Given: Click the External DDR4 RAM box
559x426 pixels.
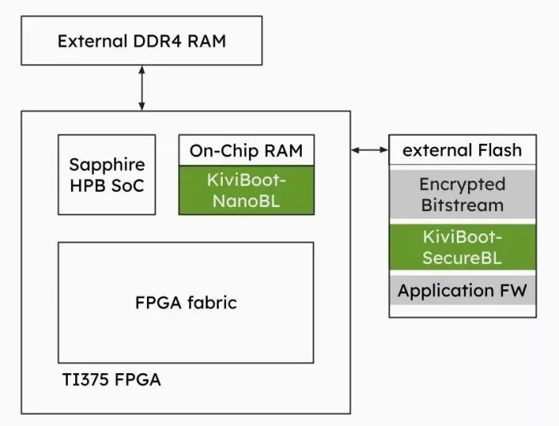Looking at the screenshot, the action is click(x=142, y=40).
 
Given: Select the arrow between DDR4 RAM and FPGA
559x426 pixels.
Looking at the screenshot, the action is click(x=141, y=88).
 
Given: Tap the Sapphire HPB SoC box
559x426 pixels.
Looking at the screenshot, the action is click(x=107, y=174).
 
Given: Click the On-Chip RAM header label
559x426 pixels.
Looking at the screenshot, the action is click(x=246, y=150).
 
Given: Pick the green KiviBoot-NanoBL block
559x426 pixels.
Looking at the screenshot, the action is click(x=246, y=190).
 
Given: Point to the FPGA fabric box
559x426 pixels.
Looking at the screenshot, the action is click(x=186, y=303).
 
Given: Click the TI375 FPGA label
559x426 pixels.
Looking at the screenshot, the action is click(x=112, y=380).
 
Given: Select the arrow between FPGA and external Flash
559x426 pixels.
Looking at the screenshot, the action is click(x=370, y=149).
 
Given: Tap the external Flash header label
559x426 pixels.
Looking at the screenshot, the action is click(x=462, y=149).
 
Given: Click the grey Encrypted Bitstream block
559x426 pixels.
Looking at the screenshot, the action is click(x=462, y=194).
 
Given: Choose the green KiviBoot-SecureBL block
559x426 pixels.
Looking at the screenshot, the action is click(x=462, y=247).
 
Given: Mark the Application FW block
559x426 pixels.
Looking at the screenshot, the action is click(x=462, y=290).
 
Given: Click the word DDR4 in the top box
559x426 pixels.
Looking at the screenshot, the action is click(x=157, y=41).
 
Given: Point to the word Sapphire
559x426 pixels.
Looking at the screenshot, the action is click(x=107, y=165).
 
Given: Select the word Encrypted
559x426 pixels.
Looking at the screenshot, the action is click(x=462, y=185).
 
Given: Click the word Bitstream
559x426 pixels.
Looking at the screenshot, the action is click(x=462, y=205).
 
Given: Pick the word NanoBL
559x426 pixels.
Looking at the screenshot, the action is click(x=246, y=201).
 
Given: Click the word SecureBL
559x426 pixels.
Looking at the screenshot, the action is click(x=462, y=257).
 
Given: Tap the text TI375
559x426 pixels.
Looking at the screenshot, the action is click(x=85, y=380).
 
